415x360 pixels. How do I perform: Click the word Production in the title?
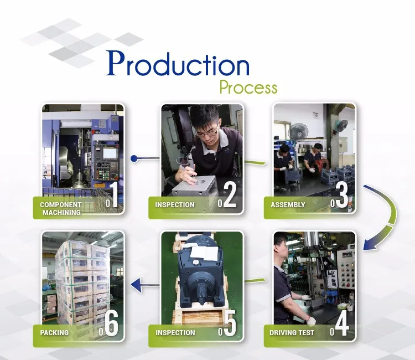coord(178,63)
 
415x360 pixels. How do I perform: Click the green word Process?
coord(248,87)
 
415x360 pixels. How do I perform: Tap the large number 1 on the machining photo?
coord(114,195)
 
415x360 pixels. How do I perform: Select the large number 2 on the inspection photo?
coord(230,195)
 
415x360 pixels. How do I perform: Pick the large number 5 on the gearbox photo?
coord(230,323)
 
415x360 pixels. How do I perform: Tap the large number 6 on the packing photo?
coord(111,323)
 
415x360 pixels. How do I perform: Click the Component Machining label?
coord(61,208)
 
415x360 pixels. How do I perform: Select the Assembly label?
coord(288,205)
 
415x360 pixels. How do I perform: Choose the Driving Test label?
coord(292,333)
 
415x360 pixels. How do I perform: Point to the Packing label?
coord(54,333)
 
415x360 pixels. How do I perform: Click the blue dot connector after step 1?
coord(134,158)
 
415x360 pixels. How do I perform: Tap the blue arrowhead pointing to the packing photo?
coord(136,285)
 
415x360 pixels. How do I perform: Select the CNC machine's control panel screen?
coord(110,153)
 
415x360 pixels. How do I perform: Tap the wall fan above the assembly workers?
coord(299,132)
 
